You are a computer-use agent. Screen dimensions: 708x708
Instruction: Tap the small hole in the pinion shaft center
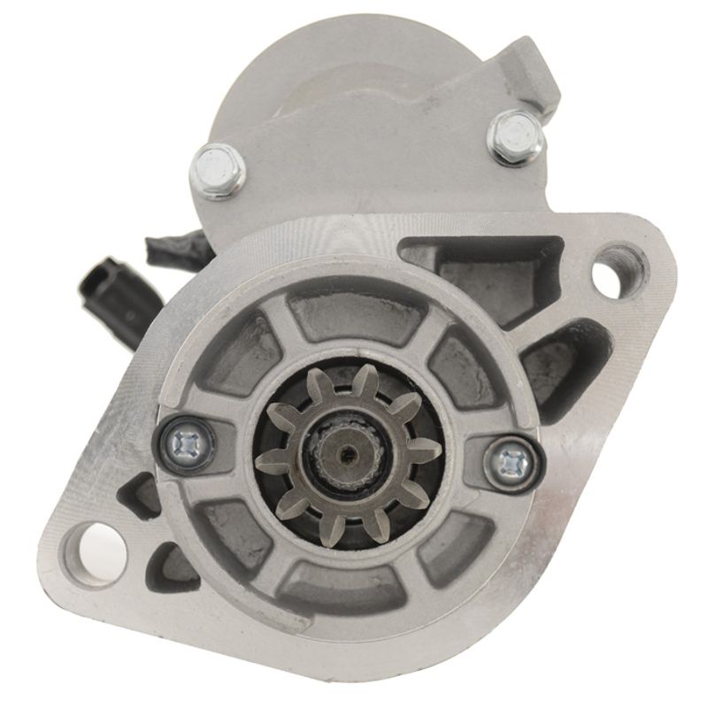coord(347,456)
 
